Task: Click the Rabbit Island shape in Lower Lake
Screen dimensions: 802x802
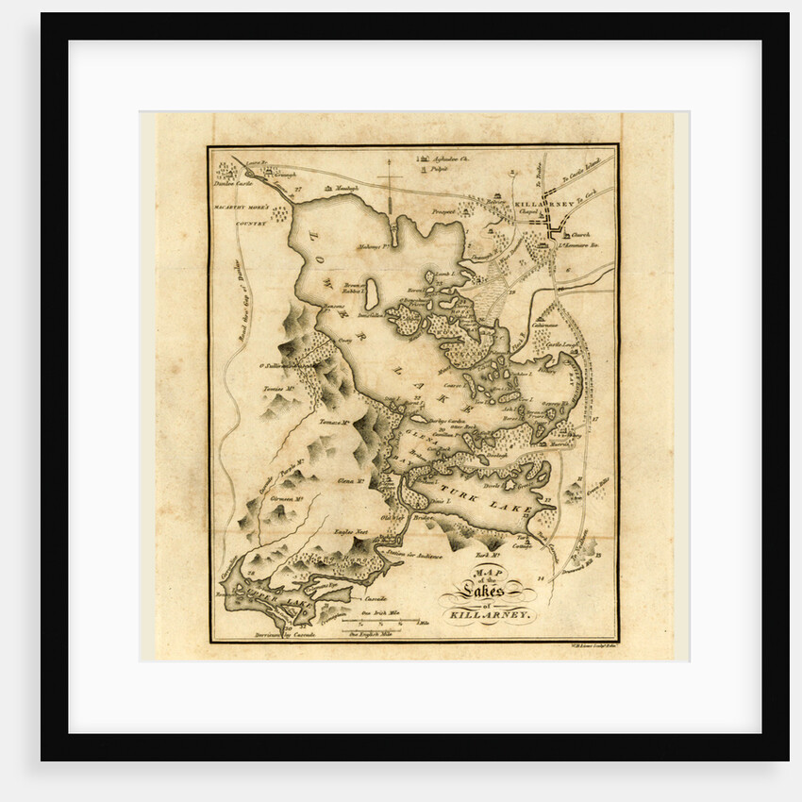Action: [x=372, y=292]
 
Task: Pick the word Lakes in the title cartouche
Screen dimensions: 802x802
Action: [x=486, y=591]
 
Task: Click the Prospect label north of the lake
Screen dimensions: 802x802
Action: [x=442, y=211]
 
